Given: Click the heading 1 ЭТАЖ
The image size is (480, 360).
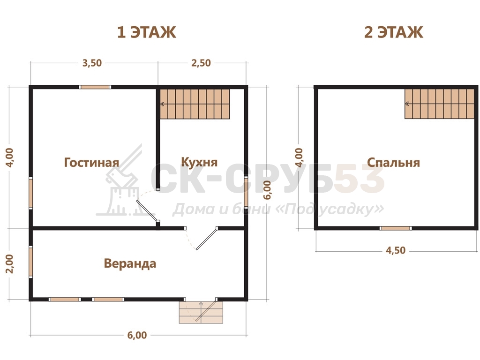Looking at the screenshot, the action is (147, 32).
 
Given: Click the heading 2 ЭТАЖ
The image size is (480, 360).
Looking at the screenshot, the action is (394, 32).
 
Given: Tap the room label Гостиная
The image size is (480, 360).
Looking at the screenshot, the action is (91, 163).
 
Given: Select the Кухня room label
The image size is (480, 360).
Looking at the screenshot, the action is (199, 162).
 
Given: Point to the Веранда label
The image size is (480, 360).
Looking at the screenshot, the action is (130, 263).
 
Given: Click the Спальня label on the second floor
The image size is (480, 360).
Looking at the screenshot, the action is (394, 163).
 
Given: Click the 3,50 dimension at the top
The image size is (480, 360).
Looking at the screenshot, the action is (92, 63).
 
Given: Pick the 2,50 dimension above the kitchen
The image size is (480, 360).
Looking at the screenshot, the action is (201, 63).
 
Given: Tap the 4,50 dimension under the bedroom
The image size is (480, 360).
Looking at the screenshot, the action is (396, 250).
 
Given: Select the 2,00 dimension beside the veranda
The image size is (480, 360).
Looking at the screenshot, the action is (10, 264).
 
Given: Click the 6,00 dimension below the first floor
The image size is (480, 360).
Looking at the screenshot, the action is (137, 335).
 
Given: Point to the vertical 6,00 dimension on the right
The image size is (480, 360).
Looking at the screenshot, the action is (268, 190).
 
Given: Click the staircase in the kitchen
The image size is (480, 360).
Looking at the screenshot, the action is (195, 104).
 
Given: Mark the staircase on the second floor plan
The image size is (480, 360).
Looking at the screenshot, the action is (440, 104).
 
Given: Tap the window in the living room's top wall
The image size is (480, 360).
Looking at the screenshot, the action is (95, 87).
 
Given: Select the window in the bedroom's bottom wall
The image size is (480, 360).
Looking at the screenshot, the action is (396, 228).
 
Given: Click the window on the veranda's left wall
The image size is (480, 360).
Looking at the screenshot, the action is (30, 262).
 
